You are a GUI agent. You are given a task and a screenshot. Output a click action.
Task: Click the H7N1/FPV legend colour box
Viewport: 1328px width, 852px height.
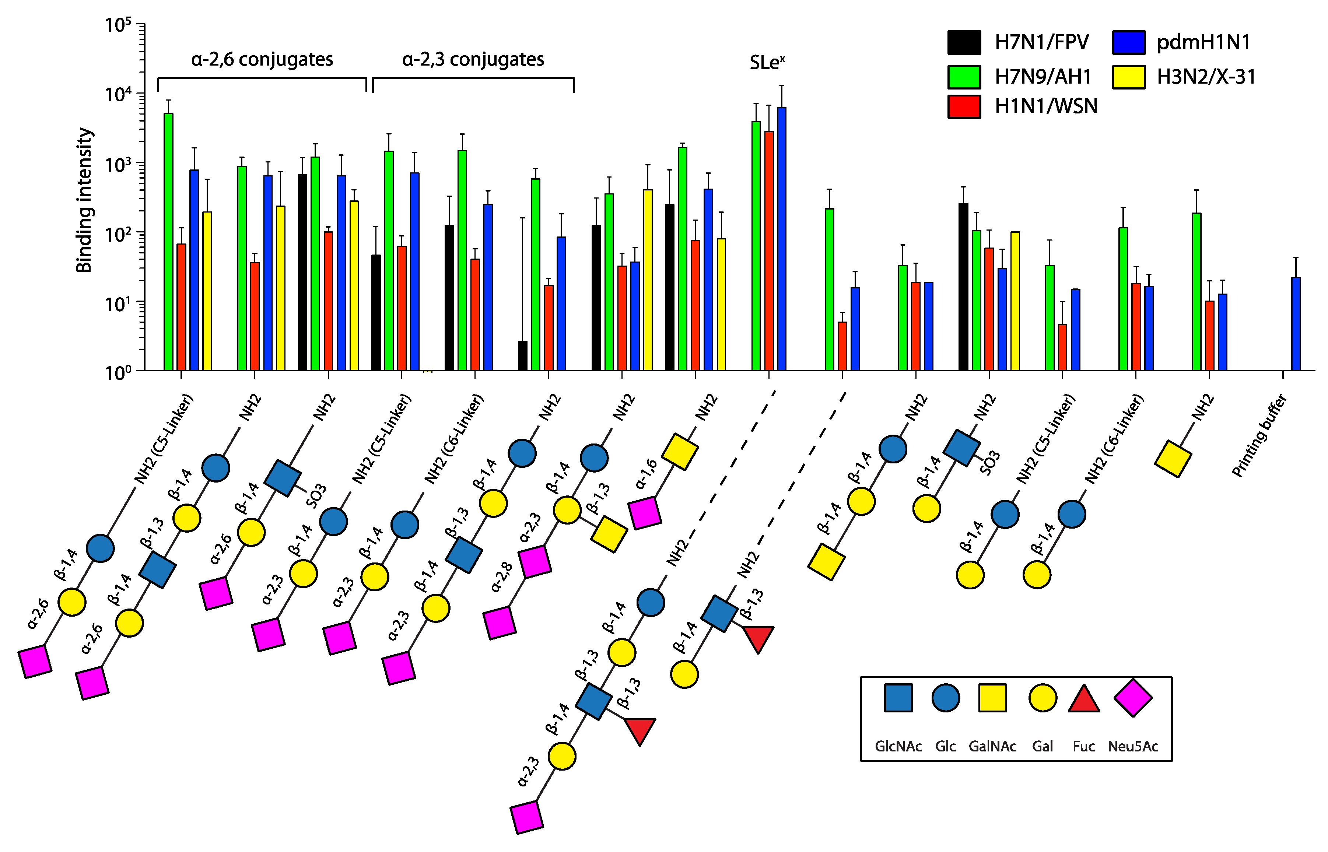[964, 43]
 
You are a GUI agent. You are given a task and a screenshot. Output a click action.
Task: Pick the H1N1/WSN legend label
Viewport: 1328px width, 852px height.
[1046, 106]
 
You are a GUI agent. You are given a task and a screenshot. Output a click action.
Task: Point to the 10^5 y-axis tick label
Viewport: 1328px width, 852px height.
[118, 25]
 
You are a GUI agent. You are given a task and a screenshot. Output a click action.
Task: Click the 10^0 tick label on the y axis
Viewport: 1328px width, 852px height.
[118, 372]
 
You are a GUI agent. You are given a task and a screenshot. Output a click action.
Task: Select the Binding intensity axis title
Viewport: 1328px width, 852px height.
[84, 200]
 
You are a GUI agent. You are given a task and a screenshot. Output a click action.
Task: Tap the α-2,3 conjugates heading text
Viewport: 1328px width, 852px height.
[473, 59]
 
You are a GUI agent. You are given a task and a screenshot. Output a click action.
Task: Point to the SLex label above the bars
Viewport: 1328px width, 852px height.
[767, 63]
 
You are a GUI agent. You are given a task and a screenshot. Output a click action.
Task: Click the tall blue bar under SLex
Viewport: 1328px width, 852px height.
[781, 238]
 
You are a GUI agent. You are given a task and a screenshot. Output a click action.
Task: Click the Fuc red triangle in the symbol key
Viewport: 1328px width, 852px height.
[1083, 699]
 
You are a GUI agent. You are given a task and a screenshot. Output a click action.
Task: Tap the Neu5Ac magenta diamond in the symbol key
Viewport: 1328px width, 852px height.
[1133, 698]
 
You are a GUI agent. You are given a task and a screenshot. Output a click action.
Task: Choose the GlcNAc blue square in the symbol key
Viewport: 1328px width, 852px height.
[898, 698]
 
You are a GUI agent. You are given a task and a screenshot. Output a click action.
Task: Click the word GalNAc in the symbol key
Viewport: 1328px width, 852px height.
[992, 746]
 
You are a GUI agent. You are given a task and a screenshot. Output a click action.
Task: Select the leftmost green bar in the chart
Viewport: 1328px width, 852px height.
[168, 241]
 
